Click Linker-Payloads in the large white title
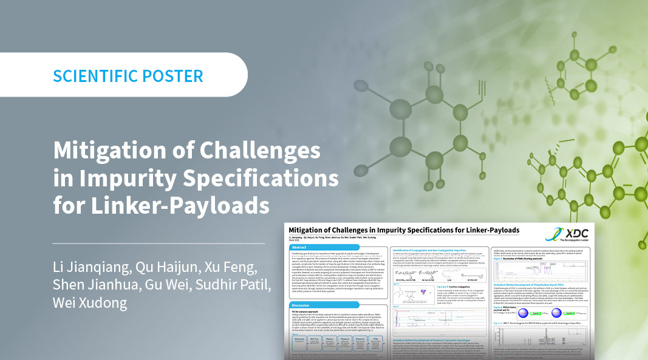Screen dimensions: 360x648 click(x=161, y=206)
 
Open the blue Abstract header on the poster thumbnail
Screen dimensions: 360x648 click(x=299, y=248)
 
